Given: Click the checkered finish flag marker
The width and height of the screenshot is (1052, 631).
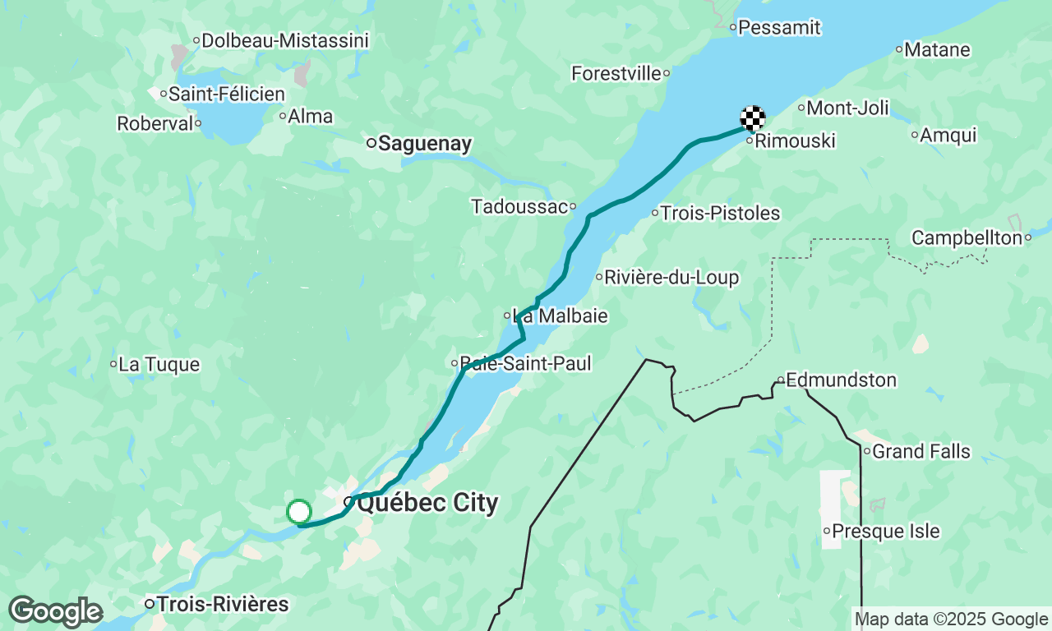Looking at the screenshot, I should click(753, 118).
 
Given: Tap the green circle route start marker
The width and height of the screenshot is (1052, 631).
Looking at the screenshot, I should click(299, 512).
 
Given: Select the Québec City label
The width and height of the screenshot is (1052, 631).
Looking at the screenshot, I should click(427, 503).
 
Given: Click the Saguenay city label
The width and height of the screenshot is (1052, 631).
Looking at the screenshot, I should click(425, 144).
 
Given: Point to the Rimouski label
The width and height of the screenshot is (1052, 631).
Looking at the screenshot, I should click(795, 141).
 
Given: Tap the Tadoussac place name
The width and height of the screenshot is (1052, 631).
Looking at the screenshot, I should click(519, 206).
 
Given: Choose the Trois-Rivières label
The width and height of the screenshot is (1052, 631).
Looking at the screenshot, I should click(223, 605).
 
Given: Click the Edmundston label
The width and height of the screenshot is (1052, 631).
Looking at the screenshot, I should click(841, 380).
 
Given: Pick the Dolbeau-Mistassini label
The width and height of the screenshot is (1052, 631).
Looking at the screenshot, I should click(285, 40).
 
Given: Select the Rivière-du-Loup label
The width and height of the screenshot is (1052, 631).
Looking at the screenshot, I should click(671, 278).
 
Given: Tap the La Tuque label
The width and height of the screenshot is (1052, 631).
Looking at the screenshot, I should click(159, 364).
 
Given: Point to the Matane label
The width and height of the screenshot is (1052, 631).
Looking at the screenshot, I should click(937, 49).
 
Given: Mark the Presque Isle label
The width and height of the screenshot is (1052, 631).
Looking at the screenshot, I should click(886, 531).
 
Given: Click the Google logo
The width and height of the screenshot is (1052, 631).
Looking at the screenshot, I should click(55, 612).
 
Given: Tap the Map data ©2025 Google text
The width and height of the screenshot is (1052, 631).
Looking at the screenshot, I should click(951, 619).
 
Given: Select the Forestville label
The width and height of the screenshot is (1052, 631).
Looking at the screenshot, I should click(616, 73).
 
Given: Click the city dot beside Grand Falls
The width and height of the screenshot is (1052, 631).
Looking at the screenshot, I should click(866, 451).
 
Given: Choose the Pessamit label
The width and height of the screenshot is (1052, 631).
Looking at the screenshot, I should click(779, 27).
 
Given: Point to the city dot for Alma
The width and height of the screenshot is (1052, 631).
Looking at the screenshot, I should click(282, 117).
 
